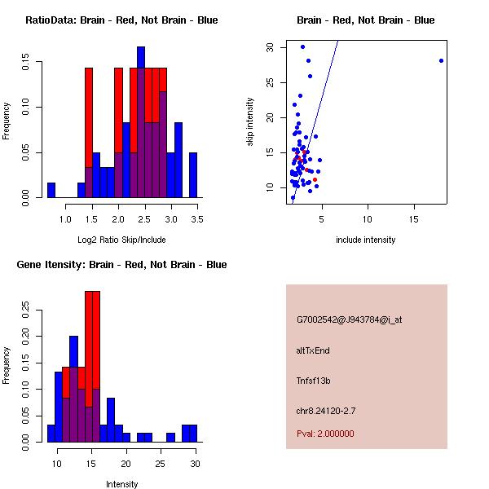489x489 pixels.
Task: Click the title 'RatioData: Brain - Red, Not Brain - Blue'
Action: (121, 20)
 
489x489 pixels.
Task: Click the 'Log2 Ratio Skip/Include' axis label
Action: (121, 240)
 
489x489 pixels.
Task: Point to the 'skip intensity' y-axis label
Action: (250, 122)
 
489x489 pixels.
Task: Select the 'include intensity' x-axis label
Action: (366, 240)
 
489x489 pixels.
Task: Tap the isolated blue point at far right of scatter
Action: (441, 60)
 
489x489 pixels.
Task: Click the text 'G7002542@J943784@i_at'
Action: (350, 319)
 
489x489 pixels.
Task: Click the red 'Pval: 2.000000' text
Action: (325, 434)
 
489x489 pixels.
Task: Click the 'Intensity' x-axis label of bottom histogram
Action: (121, 484)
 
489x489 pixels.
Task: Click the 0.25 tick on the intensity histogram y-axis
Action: (30, 309)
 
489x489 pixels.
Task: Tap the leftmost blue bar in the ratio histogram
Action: (51, 190)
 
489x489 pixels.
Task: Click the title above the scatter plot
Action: (365, 20)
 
